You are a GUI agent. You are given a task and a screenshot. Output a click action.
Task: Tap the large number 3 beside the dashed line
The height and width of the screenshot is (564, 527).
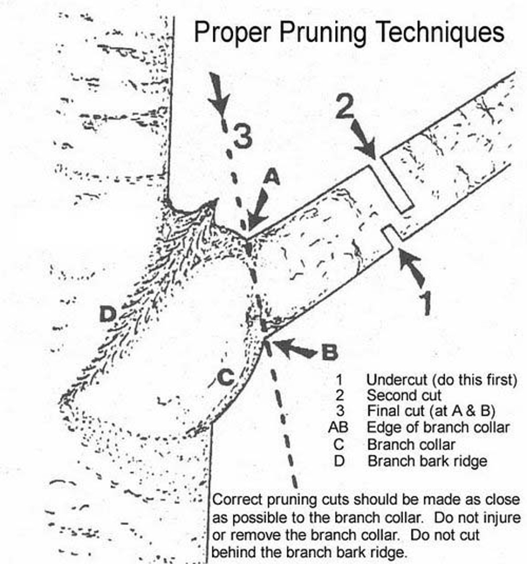point(242,137)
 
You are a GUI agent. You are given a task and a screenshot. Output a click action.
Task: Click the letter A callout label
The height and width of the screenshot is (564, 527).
point(272,178)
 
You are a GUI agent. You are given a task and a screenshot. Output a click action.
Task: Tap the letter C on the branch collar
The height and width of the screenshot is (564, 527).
point(226,377)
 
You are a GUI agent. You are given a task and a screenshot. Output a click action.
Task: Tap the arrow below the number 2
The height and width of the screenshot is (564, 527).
point(364,140)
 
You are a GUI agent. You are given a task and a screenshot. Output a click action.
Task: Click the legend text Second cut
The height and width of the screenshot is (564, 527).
point(403,395)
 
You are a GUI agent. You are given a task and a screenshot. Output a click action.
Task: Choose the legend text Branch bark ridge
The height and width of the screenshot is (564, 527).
point(427,461)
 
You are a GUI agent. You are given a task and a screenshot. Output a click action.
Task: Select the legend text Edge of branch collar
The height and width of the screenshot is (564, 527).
point(438,427)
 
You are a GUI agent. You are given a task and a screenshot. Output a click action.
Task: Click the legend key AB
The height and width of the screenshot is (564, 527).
point(338,427)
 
